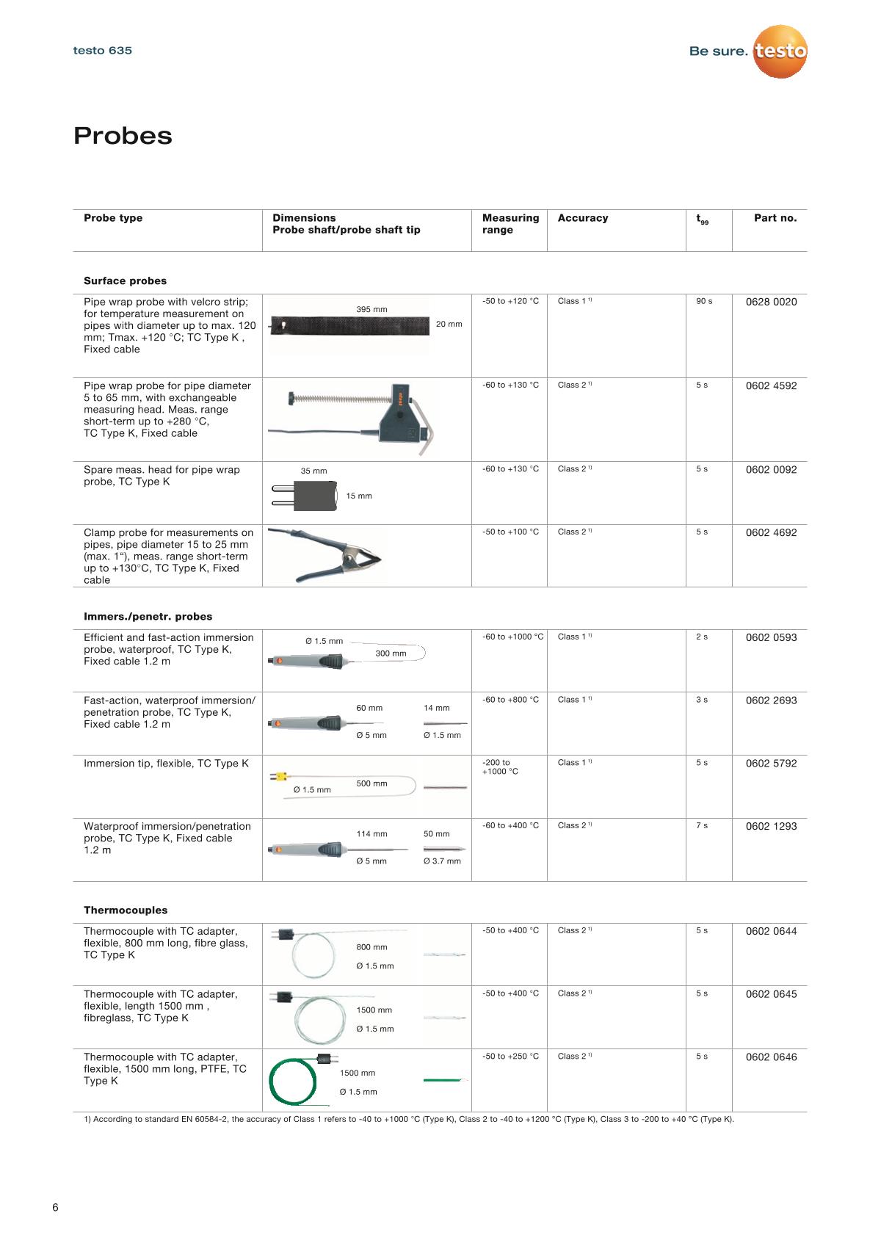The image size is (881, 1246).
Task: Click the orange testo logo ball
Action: pos(780,51)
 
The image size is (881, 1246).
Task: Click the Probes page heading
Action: pos(123,136)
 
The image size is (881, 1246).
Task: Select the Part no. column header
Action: pos(775,218)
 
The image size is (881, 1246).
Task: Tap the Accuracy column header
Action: pos(582,218)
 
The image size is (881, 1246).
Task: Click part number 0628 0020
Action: pos(771,302)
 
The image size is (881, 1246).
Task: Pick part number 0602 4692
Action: pos(771,532)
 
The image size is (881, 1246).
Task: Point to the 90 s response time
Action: pos(704,301)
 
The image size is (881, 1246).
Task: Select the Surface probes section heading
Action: pos(125,280)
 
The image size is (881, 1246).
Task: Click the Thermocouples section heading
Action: pos(126,910)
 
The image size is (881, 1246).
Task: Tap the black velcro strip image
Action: pos(349,325)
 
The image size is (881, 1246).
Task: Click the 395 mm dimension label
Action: pos(371,309)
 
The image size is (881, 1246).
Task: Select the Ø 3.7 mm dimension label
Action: pos(442,861)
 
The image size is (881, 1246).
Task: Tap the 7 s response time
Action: pos(701,826)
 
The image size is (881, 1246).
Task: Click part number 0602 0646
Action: pos(771,1057)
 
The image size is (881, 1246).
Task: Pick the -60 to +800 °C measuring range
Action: pos(510,700)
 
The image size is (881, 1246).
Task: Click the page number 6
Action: pos(55,1208)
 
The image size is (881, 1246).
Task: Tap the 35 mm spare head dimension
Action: pos(313,471)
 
